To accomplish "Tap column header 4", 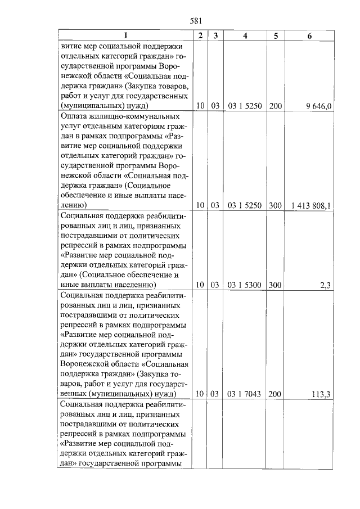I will click(245, 36).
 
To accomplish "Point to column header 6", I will click(309, 36).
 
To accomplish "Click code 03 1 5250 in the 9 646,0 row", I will click(245, 105).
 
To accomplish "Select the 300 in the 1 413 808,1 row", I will click(275, 206).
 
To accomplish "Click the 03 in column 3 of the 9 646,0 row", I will click(215, 105).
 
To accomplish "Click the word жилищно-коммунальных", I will click(129, 115).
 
